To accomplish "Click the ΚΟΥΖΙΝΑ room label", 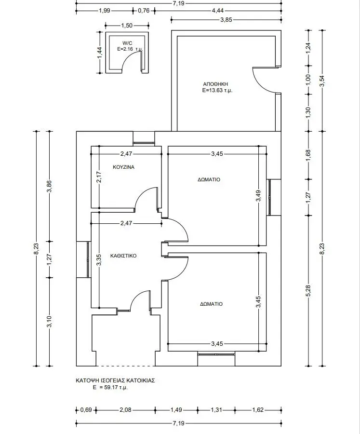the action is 124,167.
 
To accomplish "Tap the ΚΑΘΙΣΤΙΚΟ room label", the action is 123,256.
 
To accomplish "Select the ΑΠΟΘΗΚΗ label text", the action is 215,84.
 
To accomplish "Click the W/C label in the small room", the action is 127,43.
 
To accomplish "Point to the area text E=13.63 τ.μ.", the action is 217,90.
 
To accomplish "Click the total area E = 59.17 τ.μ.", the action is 110,388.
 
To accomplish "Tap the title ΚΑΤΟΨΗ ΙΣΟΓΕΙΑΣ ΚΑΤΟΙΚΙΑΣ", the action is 115,380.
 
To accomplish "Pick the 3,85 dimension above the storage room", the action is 226,20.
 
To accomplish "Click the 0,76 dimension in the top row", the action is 144,11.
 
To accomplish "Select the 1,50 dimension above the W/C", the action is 127,26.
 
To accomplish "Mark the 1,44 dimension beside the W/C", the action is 100,53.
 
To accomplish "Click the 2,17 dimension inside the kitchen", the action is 100,177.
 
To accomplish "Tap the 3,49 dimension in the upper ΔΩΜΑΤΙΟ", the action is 258,196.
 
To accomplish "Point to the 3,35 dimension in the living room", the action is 99,260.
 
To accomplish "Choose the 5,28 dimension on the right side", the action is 309,291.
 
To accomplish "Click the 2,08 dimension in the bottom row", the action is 125,409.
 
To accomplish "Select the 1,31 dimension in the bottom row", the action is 216,409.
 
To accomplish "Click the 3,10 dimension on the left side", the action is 50,322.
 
